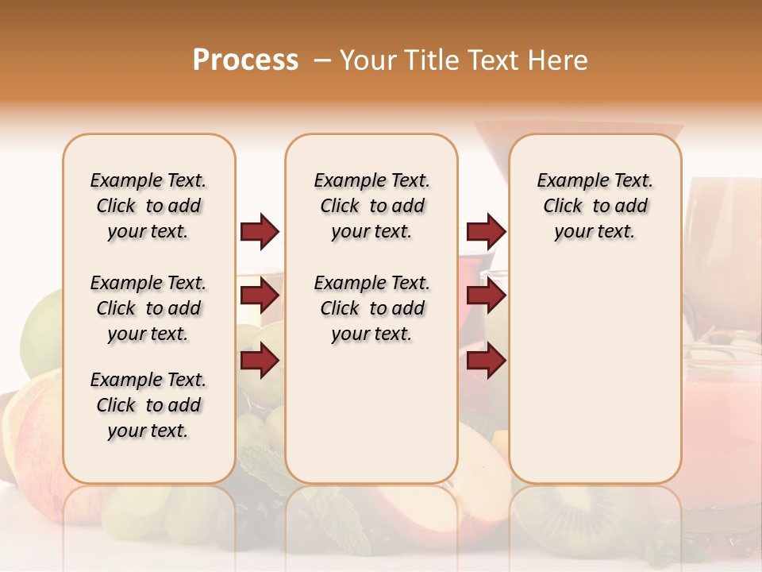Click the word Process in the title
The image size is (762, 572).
[245, 60]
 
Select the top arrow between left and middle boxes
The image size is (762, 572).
[260, 231]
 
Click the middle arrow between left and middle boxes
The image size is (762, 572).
[260, 296]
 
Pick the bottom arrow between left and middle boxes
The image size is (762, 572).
[260, 361]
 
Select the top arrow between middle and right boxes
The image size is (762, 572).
[486, 231]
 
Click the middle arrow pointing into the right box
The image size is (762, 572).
[486, 296]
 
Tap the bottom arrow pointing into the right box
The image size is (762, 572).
[486, 361]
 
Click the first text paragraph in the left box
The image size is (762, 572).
[148, 206]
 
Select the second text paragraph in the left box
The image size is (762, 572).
[148, 308]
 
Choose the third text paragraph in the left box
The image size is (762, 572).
[148, 405]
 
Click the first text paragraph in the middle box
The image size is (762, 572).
[371, 206]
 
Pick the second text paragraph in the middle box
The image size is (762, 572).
[371, 308]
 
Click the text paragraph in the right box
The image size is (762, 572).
[595, 206]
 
